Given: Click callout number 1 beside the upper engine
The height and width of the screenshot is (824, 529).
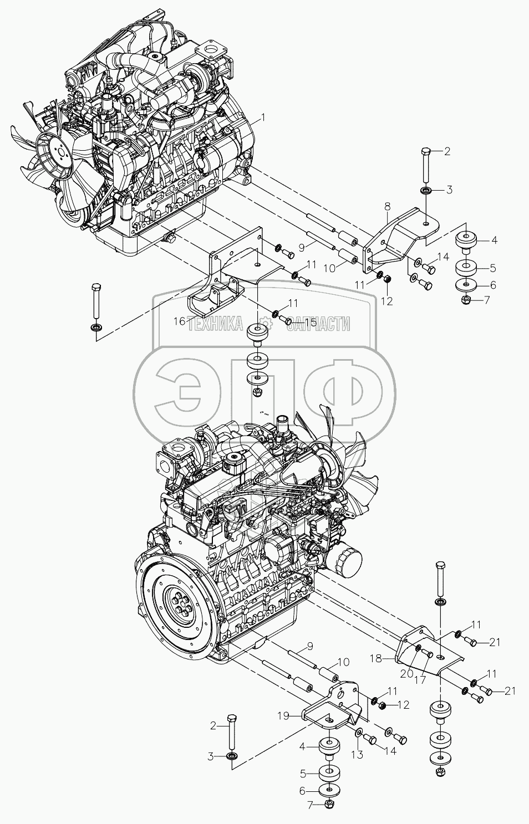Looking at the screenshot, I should pos(263,117).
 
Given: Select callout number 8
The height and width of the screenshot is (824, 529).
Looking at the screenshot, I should pos(388,206).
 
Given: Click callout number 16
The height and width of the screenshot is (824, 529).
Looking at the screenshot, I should pos(179,321).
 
